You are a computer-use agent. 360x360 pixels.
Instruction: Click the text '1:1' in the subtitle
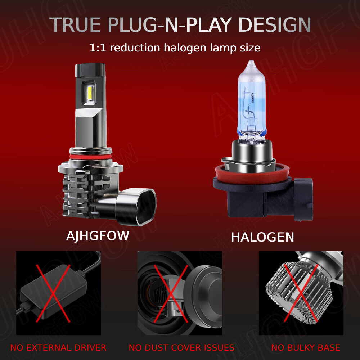point(98,48)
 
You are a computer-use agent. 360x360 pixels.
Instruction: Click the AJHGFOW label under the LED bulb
point(98,236)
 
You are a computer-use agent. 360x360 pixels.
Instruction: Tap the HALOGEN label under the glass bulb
point(262,237)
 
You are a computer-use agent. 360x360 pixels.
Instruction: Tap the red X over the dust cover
point(171,293)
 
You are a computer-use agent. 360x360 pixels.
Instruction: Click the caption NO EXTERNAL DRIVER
point(58,347)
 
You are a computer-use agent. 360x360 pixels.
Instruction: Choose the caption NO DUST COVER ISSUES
point(181,347)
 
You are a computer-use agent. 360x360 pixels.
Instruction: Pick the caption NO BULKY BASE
point(305,347)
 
